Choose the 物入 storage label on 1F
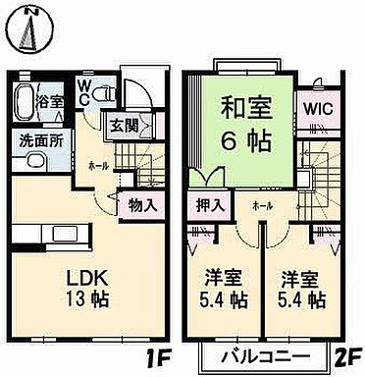[x=143, y=205]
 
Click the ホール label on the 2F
[x=262, y=205]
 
